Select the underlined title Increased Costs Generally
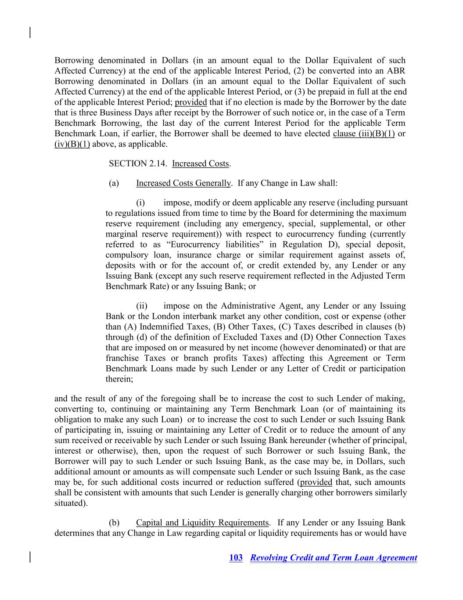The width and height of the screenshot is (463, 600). coord(183,183)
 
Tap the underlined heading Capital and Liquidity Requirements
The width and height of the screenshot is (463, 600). coord(202,522)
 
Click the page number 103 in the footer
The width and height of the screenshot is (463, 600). coord(236,557)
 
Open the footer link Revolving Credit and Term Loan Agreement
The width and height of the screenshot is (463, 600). coord(334,557)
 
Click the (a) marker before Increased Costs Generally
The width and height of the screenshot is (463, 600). coord(114,183)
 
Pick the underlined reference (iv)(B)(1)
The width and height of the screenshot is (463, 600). coord(72,144)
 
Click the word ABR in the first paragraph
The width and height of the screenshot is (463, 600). coord(396,71)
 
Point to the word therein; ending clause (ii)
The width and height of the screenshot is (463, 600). coord(119,379)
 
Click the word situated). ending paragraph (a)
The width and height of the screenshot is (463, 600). coord(71,503)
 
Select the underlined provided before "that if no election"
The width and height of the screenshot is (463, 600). coord(190,102)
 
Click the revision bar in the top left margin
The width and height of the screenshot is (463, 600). coord(30,33)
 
